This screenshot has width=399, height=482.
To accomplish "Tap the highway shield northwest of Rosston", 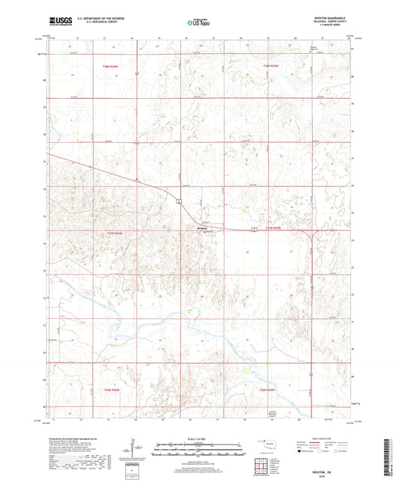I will pos(179,202).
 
